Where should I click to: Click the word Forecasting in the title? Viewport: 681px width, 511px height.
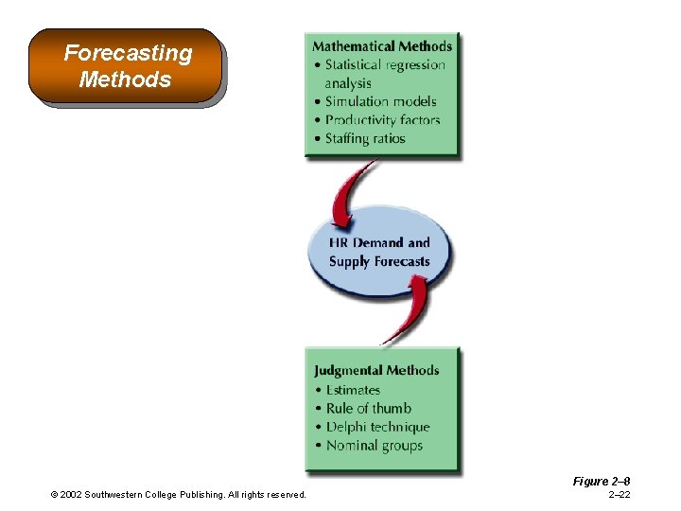pyautogui.click(x=128, y=53)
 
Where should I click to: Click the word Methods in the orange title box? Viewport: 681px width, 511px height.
pyautogui.click(x=125, y=79)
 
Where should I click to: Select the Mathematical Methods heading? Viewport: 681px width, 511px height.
pyautogui.click(x=382, y=46)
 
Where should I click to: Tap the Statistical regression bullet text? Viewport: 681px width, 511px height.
pyautogui.click(x=384, y=65)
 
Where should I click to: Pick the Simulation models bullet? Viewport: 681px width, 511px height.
pyautogui.click(x=380, y=101)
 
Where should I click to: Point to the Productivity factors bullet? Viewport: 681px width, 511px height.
pyautogui.click(x=382, y=120)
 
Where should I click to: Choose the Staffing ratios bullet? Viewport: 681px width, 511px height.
pyautogui.click(x=365, y=138)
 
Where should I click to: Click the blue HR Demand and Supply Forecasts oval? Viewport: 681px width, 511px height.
pyautogui.click(x=380, y=253)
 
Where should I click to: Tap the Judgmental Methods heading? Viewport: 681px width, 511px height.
pyautogui.click(x=377, y=370)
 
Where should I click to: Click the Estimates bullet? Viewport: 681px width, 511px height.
pyautogui.click(x=353, y=390)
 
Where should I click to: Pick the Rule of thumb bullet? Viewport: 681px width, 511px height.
pyautogui.click(x=368, y=409)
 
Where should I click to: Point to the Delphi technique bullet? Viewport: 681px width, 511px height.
pyautogui.click(x=377, y=427)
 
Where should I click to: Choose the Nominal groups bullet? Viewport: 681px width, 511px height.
pyautogui.click(x=374, y=446)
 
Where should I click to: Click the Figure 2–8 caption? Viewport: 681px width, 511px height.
pyautogui.click(x=601, y=482)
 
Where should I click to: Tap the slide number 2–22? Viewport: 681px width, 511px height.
pyautogui.click(x=620, y=495)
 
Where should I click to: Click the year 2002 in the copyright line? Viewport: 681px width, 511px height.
pyautogui.click(x=72, y=495)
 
